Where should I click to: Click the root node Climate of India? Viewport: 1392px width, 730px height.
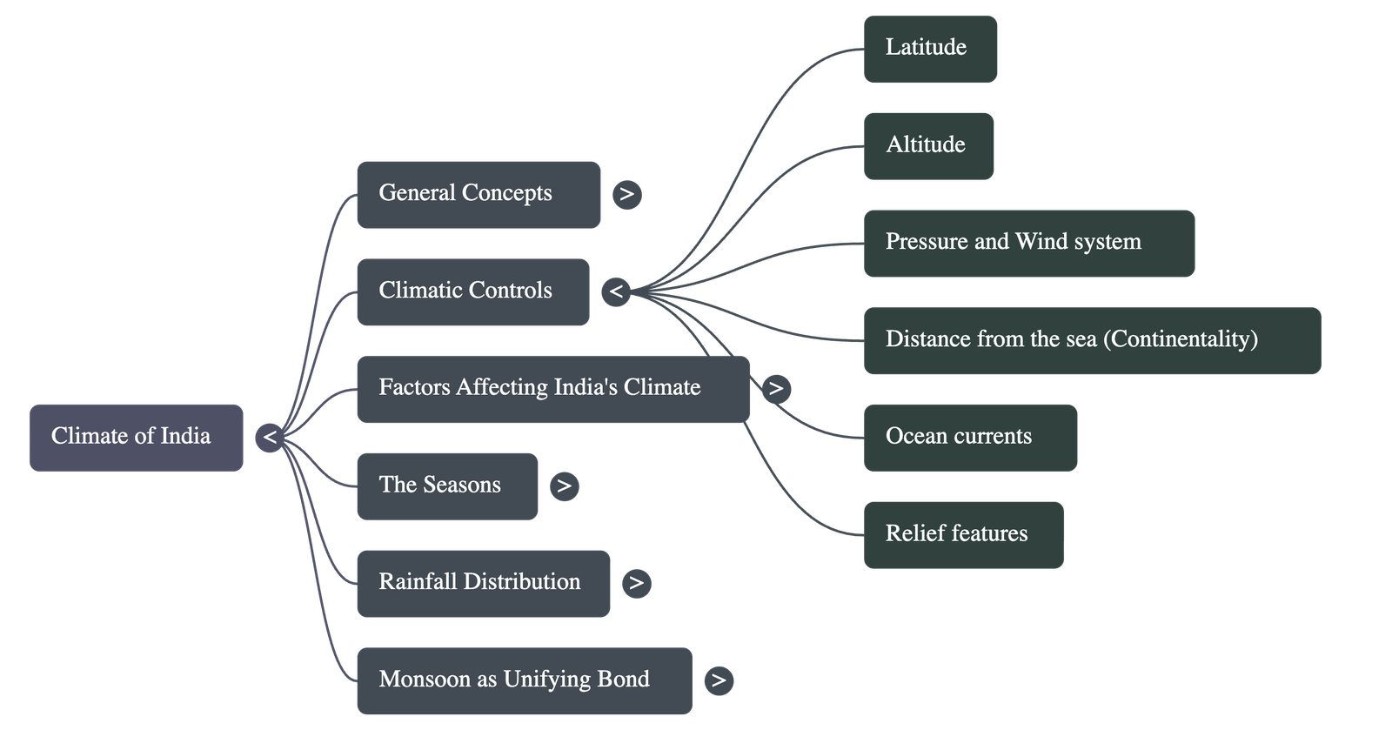pos(136,437)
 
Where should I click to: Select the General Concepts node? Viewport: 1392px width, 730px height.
pos(478,194)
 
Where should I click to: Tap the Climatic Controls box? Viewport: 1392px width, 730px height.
pos(472,291)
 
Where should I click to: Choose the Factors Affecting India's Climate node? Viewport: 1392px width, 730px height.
pos(552,389)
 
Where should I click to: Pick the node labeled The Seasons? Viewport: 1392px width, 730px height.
pos(446,486)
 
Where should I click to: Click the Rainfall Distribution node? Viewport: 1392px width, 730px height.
pos(483,583)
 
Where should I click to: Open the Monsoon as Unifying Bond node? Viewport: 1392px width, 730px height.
pos(524,680)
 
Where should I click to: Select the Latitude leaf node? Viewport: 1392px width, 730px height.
pos(930,49)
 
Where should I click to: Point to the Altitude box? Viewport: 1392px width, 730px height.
pos(928,145)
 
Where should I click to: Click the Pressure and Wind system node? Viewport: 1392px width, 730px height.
pos(1028,243)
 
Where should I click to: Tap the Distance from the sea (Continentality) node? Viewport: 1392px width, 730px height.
pos(1092,340)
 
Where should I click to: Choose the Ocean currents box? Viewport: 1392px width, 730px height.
pos(970,438)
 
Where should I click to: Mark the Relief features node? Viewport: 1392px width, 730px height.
pos(963,534)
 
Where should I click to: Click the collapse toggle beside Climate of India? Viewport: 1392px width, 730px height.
pos(270,437)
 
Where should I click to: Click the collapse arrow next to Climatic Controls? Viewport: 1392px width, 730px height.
pos(616,291)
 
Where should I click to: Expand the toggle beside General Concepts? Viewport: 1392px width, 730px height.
pos(627,194)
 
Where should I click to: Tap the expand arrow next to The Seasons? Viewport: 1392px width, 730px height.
pos(564,486)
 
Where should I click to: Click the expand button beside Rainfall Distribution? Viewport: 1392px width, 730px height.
pos(637,583)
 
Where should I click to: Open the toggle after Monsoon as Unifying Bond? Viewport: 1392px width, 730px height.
pos(719,680)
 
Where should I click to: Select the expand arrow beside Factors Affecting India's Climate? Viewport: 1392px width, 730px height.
pos(776,389)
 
